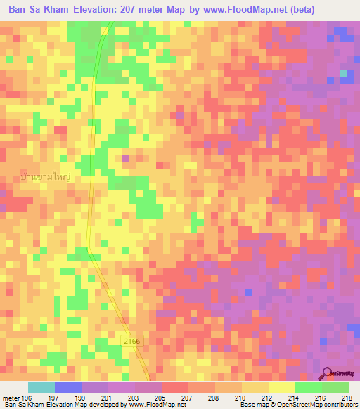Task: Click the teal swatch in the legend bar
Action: (41, 387)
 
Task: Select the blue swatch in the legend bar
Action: (67, 387)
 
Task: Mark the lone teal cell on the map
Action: (344, 73)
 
